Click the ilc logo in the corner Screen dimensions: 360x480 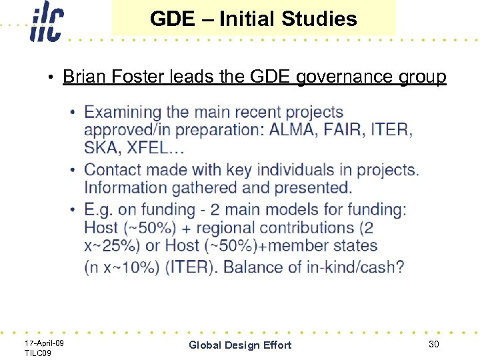tap(47, 23)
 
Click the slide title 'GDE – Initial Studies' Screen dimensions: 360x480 tap(253, 19)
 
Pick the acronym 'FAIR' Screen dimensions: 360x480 tap(342, 129)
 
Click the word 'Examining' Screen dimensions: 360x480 tap(123, 112)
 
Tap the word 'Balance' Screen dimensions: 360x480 tap(256, 267)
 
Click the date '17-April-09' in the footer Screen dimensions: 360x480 tap(44, 342)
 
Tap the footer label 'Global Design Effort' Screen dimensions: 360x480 tap(240, 345)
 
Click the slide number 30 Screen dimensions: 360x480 tap(433, 343)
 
